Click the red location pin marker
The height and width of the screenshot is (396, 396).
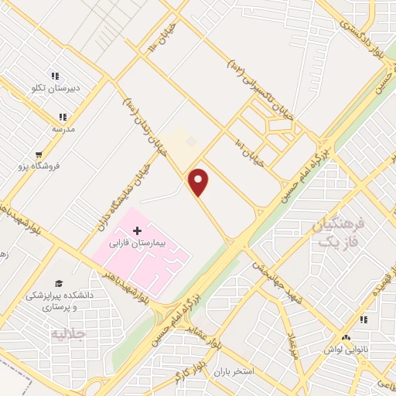[199, 181]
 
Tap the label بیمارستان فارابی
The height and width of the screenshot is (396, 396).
[138, 244]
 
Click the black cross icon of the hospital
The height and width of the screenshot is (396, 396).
[138, 230]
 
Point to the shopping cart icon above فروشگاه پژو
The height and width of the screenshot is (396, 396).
[39, 155]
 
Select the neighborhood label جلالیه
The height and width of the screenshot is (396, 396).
[67, 335]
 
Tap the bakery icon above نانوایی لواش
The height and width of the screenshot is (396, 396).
[346, 338]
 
